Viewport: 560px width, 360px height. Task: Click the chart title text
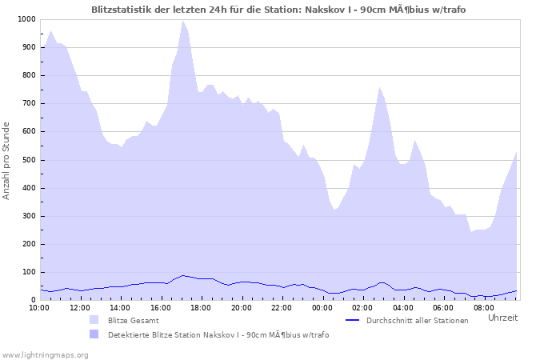pos(284,10)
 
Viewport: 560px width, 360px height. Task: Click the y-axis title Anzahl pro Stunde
pos(7,160)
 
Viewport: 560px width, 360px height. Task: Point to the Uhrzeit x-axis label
pos(502,318)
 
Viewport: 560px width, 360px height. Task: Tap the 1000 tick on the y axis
pos(26,19)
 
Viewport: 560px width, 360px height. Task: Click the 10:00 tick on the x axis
pos(40,306)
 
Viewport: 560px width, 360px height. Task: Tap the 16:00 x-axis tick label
pos(161,306)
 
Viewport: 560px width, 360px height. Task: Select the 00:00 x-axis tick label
pos(322,306)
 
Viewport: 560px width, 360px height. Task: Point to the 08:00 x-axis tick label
pos(483,306)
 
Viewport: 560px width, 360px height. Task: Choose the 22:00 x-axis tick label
pos(282,306)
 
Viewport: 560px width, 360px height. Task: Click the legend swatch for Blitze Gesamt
pos(94,320)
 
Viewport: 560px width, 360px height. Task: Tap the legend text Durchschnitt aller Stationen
pos(417,320)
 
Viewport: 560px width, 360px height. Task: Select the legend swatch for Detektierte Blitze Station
pos(94,334)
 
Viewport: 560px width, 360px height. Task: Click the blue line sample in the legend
pos(353,320)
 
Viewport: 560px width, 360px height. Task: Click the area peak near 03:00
pos(380,87)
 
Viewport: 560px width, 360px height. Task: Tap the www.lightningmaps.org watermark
pos(45,354)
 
